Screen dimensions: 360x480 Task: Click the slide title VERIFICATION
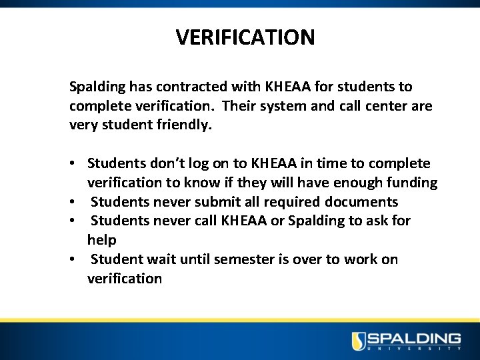coord(245,37)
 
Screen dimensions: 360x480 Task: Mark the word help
coord(101,240)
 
